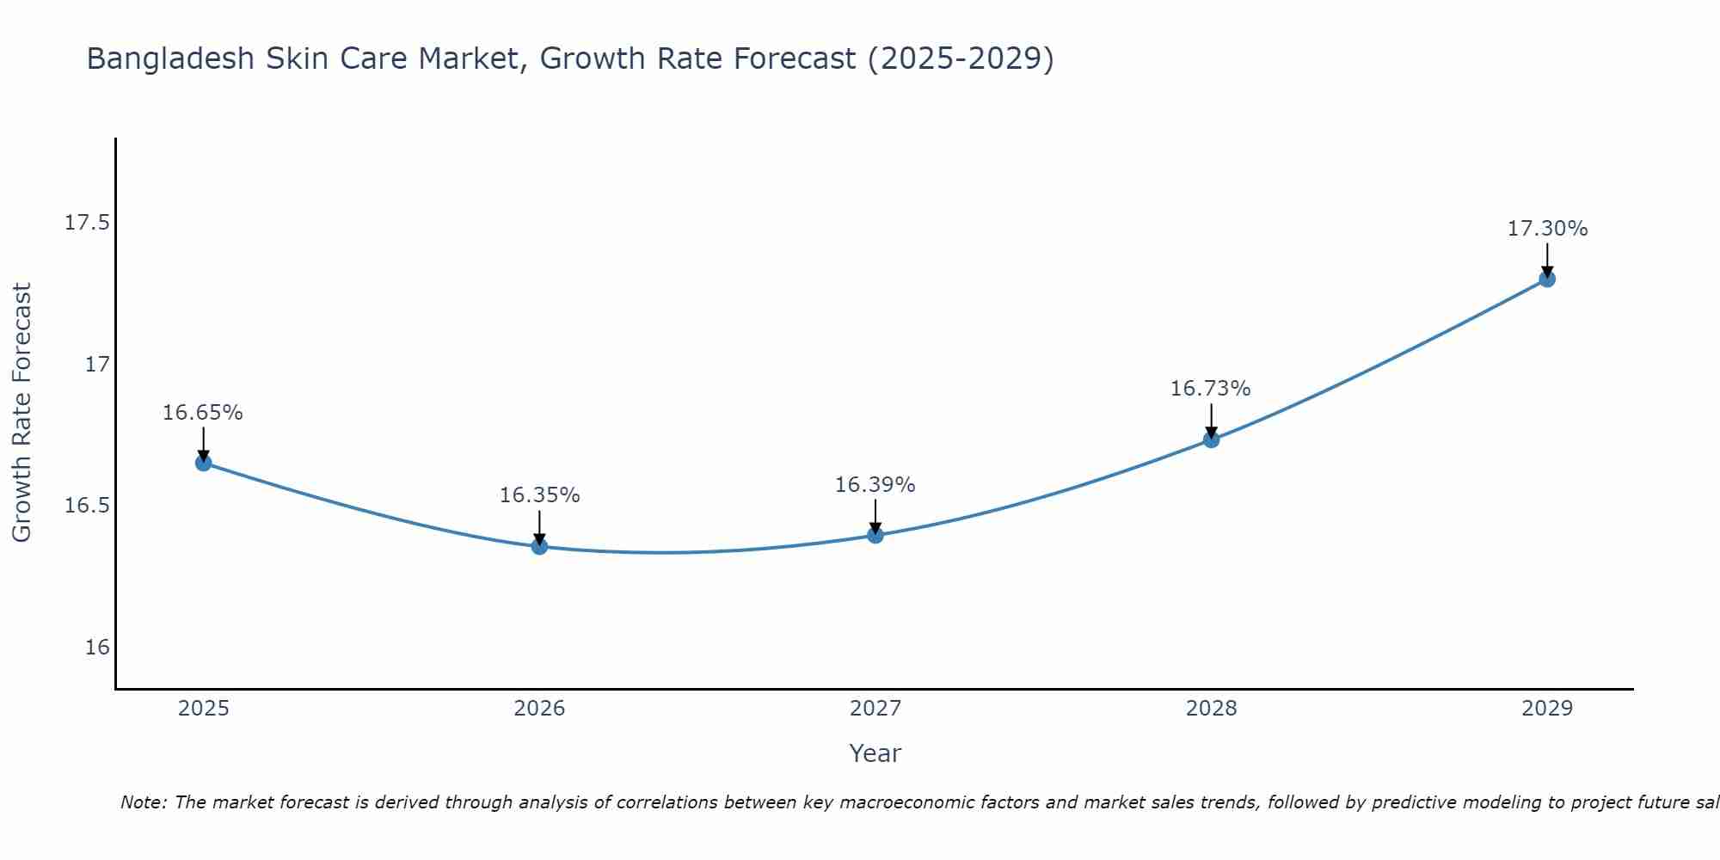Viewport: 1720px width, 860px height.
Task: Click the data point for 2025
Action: [x=203, y=463]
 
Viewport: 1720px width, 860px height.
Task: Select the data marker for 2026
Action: [x=539, y=546]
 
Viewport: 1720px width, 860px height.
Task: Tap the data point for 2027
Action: [x=875, y=535]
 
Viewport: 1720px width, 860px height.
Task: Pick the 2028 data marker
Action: [x=1211, y=439]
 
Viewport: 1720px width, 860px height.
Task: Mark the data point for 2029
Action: [x=1547, y=279]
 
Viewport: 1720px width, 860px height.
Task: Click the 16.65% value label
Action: [x=203, y=413]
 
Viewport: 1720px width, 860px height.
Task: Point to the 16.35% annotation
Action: [x=539, y=495]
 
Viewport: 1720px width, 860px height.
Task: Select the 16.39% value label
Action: [x=875, y=485]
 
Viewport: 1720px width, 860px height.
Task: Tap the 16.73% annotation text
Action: [x=1211, y=389]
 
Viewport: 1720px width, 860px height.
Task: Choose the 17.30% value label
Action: [x=1547, y=229]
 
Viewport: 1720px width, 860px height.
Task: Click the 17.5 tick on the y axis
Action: [x=88, y=223]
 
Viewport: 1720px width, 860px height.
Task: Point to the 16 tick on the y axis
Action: [x=97, y=647]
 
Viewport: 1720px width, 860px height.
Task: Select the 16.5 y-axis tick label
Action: [x=88, y=506]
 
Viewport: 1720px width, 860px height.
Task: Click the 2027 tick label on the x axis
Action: [x=875, y=709]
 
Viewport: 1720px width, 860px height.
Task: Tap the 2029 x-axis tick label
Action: [x=1547, y=709]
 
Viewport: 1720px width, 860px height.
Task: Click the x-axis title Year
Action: [x=875, y=753]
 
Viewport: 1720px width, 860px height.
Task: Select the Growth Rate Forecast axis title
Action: [x=21, y=413]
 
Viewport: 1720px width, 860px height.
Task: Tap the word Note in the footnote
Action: [x=143, y=802]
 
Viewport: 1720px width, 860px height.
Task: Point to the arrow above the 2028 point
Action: [x=1211, y=421]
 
